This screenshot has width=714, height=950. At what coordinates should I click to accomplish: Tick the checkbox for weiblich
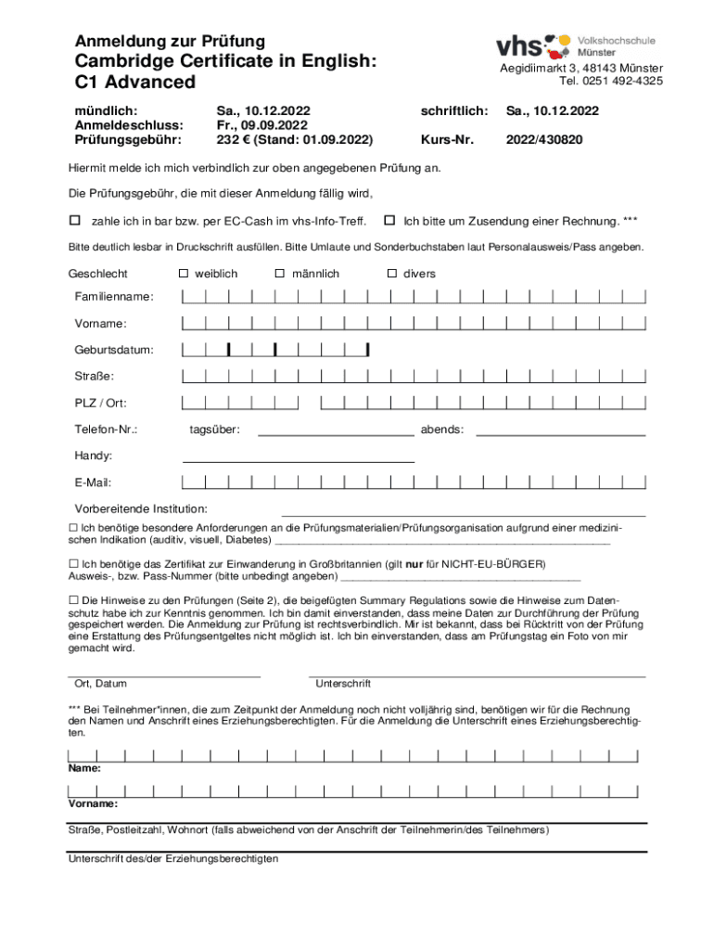184,274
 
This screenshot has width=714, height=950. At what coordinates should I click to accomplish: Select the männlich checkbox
280,274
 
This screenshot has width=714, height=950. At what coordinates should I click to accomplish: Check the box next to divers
392,274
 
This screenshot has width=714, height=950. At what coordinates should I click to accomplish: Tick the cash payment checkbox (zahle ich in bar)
76,221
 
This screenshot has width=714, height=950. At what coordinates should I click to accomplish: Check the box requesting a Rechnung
390,221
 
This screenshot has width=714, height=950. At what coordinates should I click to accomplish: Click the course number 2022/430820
543,140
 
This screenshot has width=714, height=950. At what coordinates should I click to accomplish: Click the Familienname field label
115,297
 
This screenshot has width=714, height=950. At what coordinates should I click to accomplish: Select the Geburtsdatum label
114,351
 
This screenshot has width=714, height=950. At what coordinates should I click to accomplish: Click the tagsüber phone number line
336,432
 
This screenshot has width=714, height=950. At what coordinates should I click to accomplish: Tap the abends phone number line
560,432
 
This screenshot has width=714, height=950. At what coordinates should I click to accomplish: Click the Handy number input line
299,459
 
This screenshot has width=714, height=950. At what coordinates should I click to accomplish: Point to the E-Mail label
94,482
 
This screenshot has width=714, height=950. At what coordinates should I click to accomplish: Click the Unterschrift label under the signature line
344,684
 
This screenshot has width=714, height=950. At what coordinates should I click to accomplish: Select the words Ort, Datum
100,684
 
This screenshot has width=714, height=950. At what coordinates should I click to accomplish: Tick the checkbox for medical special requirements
73,527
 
